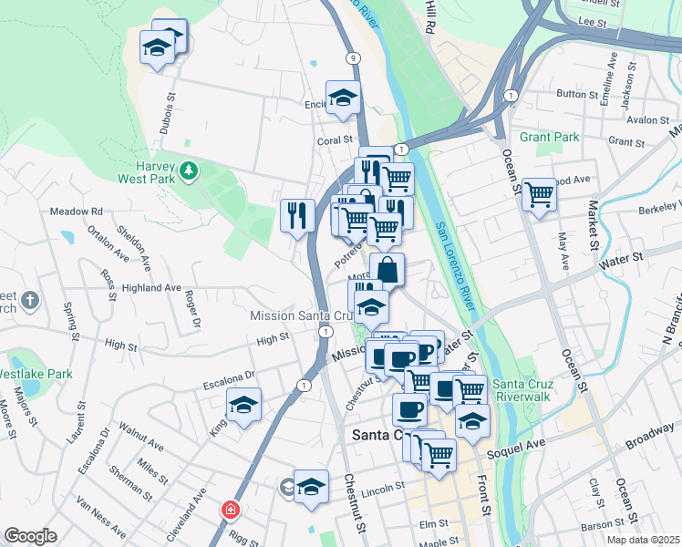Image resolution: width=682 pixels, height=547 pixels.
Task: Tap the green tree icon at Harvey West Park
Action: tap(190, 170)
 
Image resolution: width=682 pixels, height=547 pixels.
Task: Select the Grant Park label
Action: tap(550, 138)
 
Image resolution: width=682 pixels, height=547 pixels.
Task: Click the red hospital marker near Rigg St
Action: tap(230, 509)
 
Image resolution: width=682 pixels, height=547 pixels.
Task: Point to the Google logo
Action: tap(30, 536)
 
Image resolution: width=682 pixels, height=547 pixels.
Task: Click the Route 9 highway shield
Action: tap(352, 57)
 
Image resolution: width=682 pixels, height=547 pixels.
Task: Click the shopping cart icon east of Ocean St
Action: tap(540, 194)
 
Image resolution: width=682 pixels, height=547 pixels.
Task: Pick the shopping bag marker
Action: tap(387, 269)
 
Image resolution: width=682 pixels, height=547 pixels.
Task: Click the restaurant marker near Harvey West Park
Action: tap(297, 215)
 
